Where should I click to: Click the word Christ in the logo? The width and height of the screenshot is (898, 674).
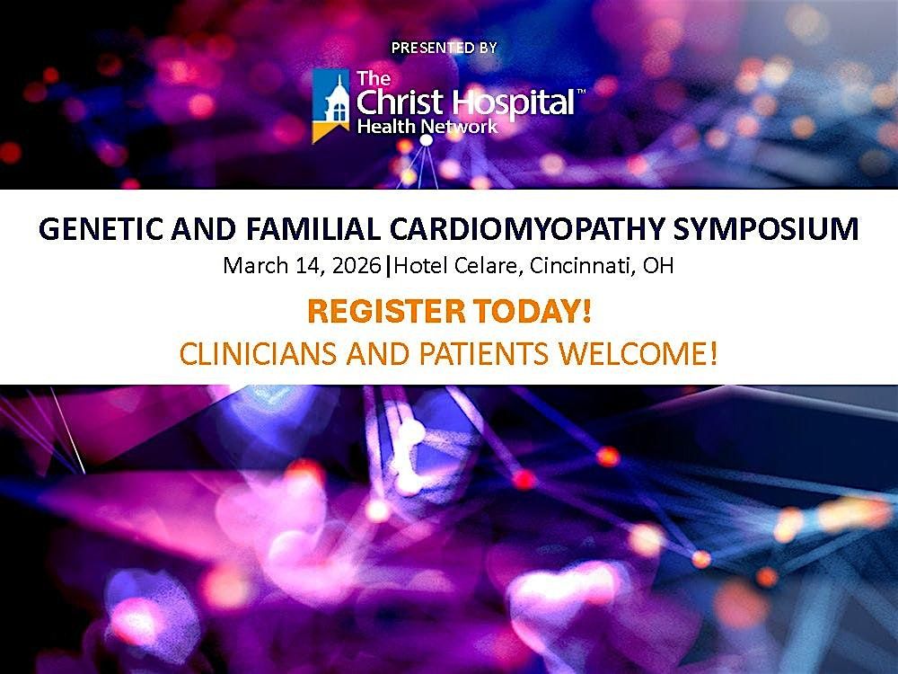click(396, 102)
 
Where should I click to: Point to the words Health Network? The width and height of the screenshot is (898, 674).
click(427, 127)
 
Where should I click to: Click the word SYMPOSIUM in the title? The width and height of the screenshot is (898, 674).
click(770, 230)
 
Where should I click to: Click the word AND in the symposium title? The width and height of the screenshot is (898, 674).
click(187, 230)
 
